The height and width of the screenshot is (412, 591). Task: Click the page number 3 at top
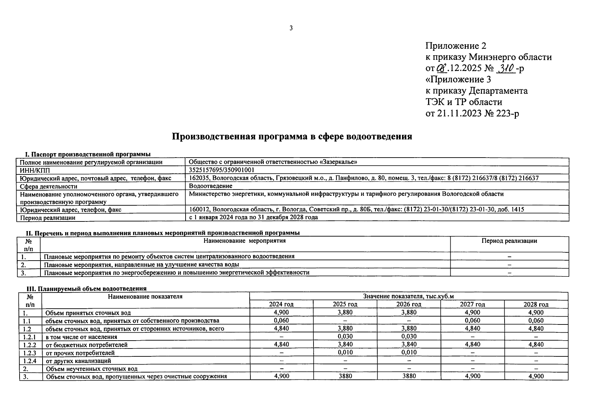coord(291,28)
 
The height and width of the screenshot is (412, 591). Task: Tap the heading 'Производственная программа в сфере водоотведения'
coord(292,137)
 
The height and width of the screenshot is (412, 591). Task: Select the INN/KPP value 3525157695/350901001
coord(222,170)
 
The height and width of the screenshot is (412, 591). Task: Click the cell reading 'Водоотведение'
coord(211,186)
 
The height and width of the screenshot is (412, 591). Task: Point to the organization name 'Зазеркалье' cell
coord(273,162)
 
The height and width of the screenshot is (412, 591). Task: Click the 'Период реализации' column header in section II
coord(509,241)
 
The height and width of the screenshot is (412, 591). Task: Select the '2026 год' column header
coord(409,304)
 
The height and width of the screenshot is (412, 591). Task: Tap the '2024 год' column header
coord(281,304)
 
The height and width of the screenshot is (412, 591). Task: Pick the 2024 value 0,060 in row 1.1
coord(281,320)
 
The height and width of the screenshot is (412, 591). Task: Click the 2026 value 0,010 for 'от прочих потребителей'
coord(409,352)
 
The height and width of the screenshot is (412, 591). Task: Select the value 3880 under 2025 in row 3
coord(345,376)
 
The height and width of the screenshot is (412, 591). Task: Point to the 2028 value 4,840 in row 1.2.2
coord(536,344)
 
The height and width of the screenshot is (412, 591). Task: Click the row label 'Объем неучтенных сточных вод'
coord(92,369)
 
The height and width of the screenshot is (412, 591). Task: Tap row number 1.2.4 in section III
coord(30,361)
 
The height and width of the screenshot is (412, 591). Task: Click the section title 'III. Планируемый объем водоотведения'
coord(86,288)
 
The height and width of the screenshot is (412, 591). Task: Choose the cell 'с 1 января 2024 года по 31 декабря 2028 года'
coord(253,217)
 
